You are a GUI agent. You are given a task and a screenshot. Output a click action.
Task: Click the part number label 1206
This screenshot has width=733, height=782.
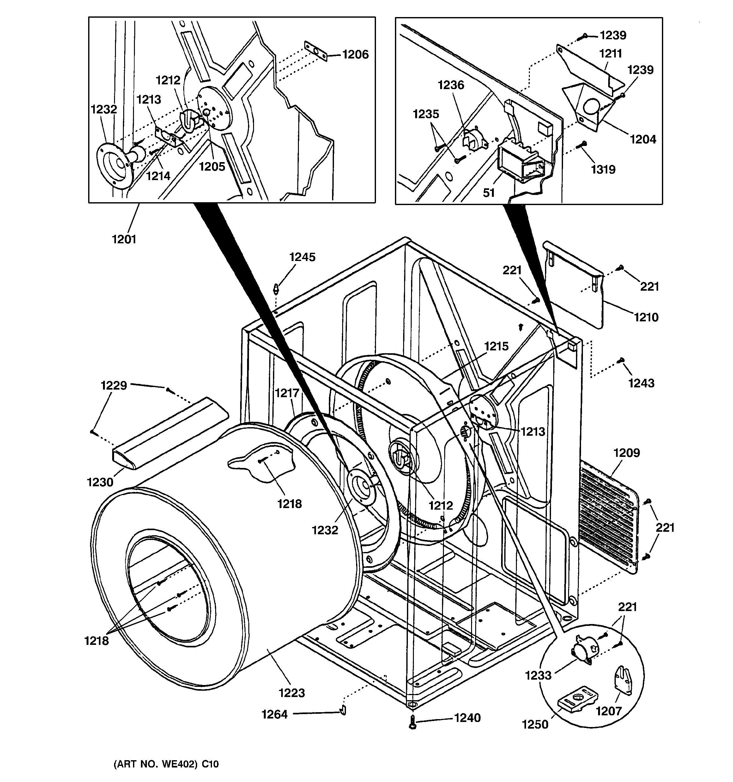click(355, 55)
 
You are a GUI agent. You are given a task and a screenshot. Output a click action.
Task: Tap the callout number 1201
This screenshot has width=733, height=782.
click(124, 239)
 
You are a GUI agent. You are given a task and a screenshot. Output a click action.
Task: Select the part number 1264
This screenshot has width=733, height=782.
click(275, 714)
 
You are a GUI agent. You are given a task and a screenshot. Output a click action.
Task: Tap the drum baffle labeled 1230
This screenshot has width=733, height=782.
click(169, 435)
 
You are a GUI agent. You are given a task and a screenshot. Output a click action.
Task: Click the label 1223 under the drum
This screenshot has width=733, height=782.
click(292, 692)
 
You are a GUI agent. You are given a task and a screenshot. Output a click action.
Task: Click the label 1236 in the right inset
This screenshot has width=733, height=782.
click(451, 85)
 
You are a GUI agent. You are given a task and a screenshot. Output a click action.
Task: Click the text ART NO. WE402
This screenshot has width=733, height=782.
click(166, 764)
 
